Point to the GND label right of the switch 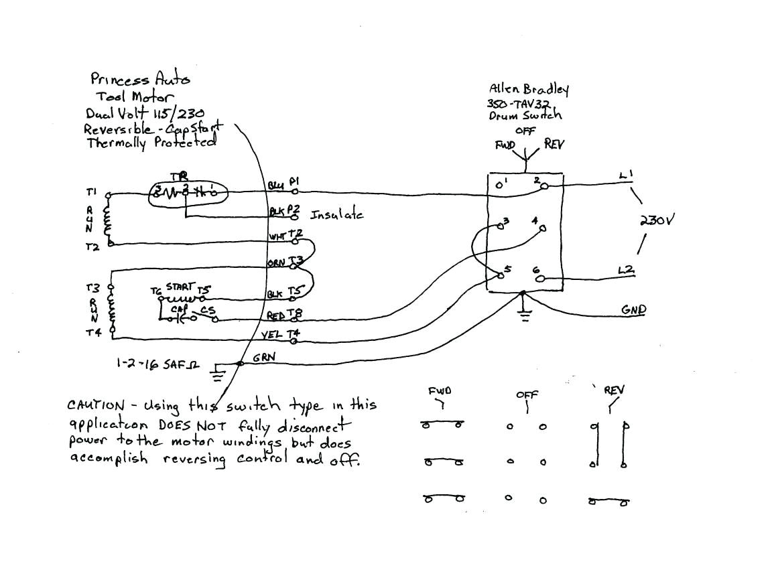point(633,310)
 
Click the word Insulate point(336,215)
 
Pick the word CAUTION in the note point(96,406)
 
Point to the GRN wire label point(263,358)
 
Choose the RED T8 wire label point(285,315)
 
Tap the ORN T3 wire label point(285,262)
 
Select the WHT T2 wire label point(285,236)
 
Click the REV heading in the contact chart point(614,389)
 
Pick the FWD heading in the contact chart point(439,391)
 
